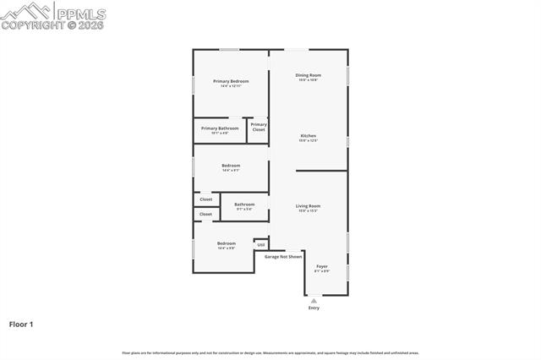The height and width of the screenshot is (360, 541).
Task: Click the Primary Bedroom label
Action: pyautogui.click(x=231, y=81)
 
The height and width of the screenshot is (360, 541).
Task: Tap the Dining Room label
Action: pyautogui.click(x=308, y=75)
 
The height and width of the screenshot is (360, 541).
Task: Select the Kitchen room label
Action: pyautogui.click(x=308, y=136)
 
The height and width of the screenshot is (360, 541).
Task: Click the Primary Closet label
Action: pyautogui.click(x=259, y=127)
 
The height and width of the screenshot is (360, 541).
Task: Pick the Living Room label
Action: pyautogui.click(x=308, y=206)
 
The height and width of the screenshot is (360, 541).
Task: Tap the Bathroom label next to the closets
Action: pyautogui.click(x=244, y=204)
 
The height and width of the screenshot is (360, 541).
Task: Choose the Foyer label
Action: pyautogui.click(x=322, y=267)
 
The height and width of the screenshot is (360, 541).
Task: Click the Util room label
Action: pyautogui.click(x=261, y=244)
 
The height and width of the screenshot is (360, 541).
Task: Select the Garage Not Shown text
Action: pyautogui.click(x=283, y=256)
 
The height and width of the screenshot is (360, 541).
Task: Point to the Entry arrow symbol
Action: pyautogui.click(x=314, y=300)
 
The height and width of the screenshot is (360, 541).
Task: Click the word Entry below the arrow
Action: pyautogui.click(x=314, y=308)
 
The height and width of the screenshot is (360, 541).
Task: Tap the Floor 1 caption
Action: pyautogui.click(x=21, y=324)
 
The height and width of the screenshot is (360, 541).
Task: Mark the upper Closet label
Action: pyautogui.click(x=206, y=199)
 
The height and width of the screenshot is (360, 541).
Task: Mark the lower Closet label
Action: pyautogui.click(x=206, y=215)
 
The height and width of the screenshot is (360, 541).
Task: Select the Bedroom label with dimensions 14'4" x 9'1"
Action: pyautogui.click(x=231, y=166)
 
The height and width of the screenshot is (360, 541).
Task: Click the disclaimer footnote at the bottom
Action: pyautogui.click(x=270, y=352)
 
